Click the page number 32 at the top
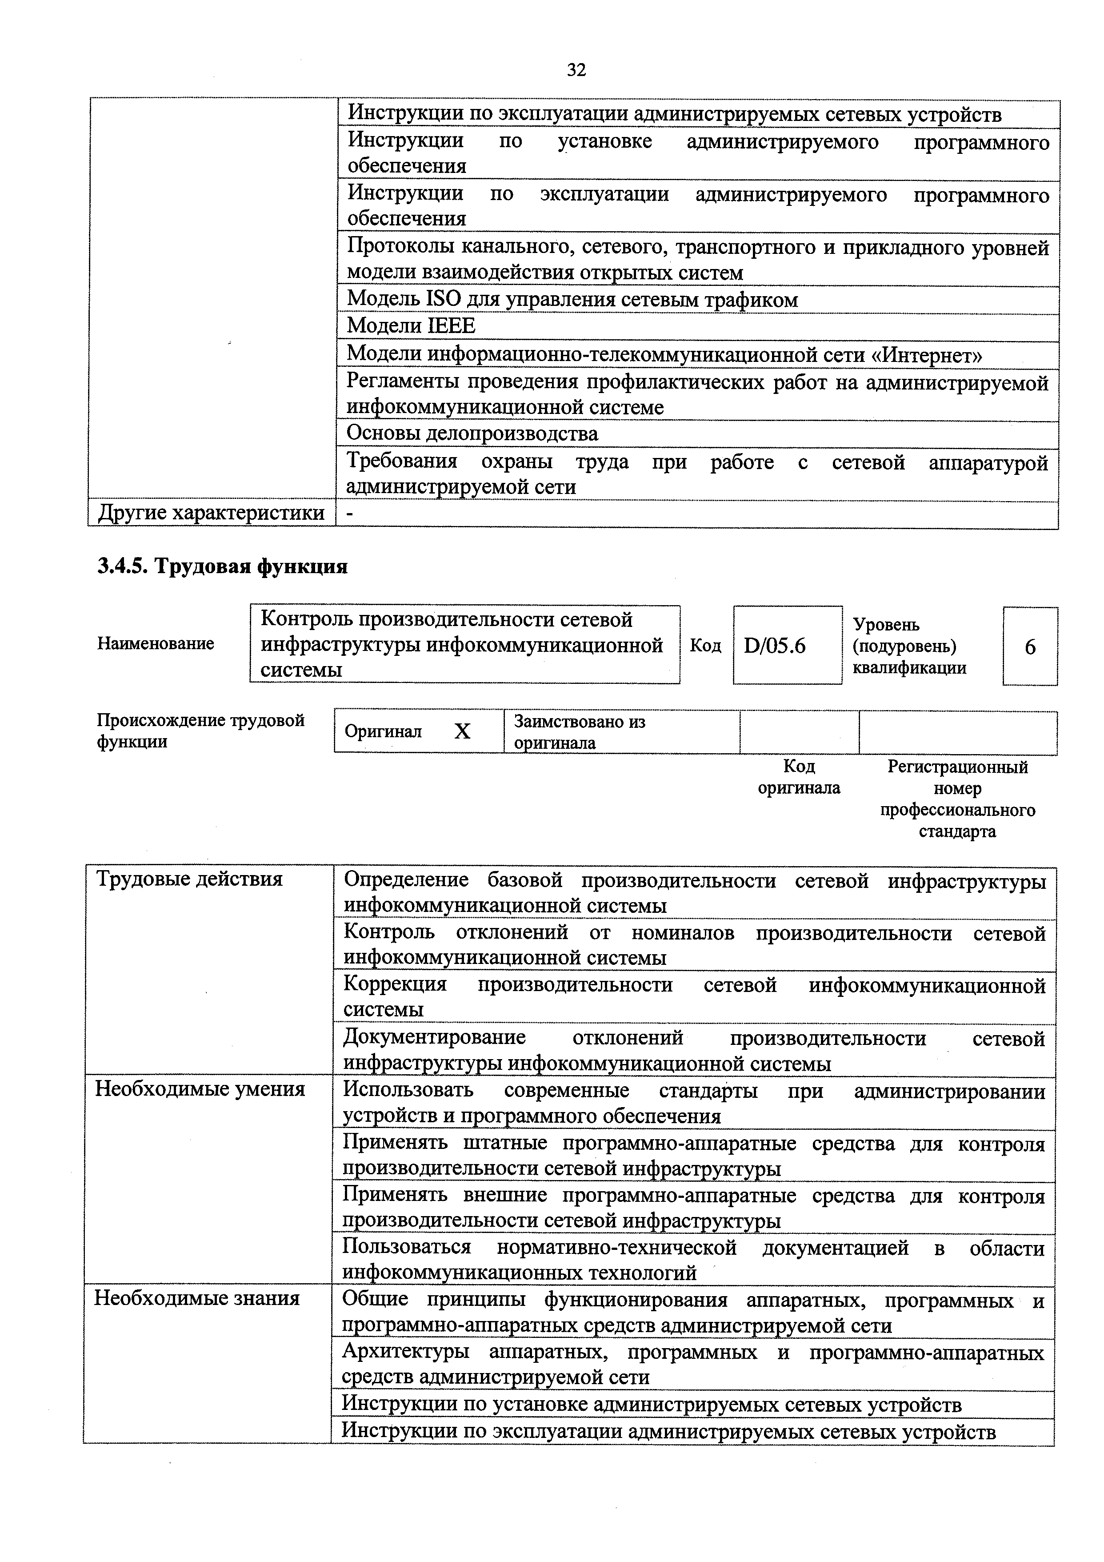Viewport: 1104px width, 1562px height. (576, 70)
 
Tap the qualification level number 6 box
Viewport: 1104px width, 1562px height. (1029, 647)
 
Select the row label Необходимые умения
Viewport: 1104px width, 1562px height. (200, 1089)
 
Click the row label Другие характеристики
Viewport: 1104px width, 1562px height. (211, 513)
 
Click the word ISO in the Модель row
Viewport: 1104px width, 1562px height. (442, 299)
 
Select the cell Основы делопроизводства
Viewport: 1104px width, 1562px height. (472, 434)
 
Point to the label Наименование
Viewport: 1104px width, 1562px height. (155, 643)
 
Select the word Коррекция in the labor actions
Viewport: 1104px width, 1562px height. (395, 984)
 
